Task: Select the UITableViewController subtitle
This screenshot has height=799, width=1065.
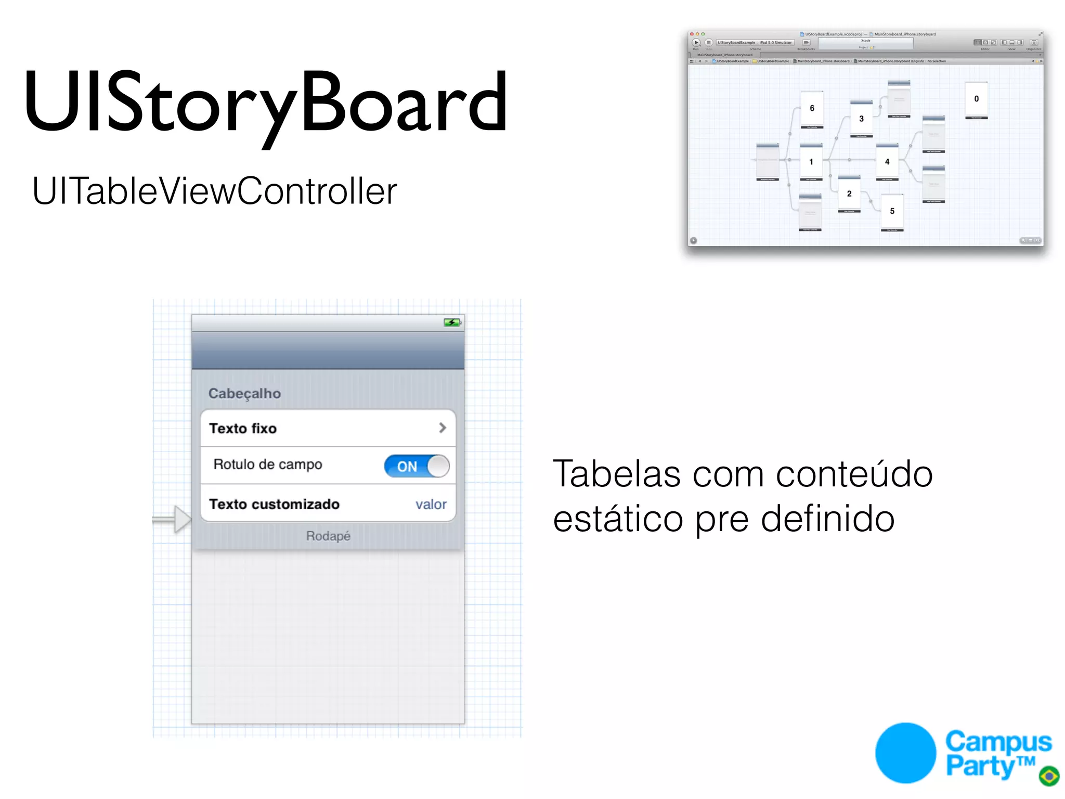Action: [x=214, y=191]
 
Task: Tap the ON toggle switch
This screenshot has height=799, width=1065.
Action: [x=417, y=466]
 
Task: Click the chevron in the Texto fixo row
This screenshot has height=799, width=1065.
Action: [x=442, y=428]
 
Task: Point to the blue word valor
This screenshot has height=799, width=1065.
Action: [x=431, y=504]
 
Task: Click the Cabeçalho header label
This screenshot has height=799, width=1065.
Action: [x=244, y=394]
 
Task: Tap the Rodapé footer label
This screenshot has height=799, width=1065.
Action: [x=328, y=536]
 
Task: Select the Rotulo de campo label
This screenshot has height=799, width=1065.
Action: [x=268, y=464]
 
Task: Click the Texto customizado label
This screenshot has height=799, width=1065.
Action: [x=274, y=504]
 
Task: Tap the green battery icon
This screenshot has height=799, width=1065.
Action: [x=451, y=323]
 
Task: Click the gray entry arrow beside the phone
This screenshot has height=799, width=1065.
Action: [x=174, y=519]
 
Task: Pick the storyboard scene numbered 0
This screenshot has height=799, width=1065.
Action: [x=976, y=99]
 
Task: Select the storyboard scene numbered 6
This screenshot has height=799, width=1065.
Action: [x=812, y=109]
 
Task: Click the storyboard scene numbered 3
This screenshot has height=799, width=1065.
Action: [x=861, y=119]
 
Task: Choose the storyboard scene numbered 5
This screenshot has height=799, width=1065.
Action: [x=892, y=211]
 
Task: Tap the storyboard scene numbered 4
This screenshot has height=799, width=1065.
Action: [x=887, y=162]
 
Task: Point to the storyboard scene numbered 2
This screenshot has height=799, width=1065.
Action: [x=849, y=194]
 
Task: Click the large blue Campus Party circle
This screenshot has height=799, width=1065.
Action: [x=905, y=753]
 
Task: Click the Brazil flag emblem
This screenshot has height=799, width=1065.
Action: [x=1049, y=776]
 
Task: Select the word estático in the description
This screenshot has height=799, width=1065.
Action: [x=618, y=519]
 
